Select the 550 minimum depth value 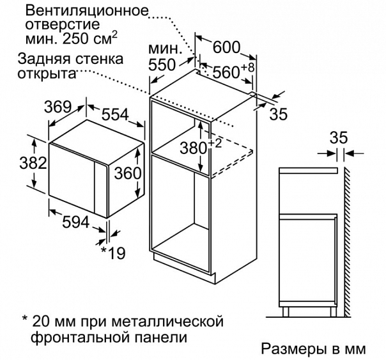pos(162,65)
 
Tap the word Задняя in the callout pos(40,59)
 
